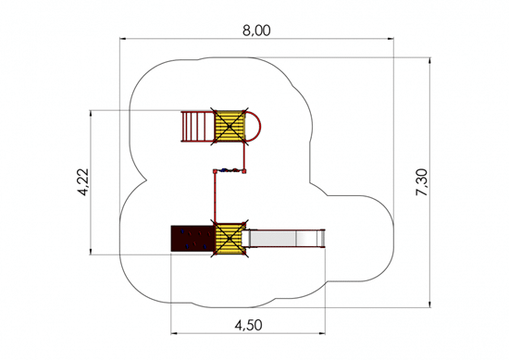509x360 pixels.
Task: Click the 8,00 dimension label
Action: coord(256,31)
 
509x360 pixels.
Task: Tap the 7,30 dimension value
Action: coord(422,182)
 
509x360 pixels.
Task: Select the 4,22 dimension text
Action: coord(82,181)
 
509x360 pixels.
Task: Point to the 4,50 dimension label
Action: coord(248,325)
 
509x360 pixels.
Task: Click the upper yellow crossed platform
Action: coord(230,126)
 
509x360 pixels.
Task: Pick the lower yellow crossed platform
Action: coord(230,239)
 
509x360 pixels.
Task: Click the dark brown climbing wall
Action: coord(192,238)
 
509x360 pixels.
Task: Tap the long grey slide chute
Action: coord(284,238)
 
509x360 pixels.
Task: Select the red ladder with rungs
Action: coord(197,126)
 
